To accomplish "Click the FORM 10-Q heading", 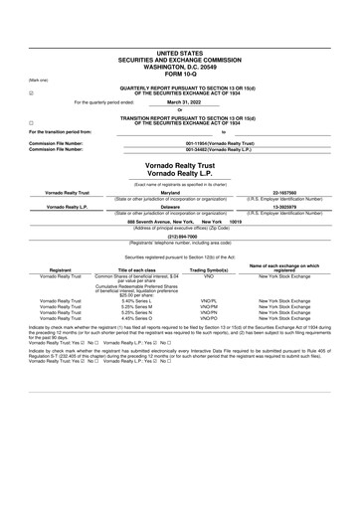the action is click(179, 46).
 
